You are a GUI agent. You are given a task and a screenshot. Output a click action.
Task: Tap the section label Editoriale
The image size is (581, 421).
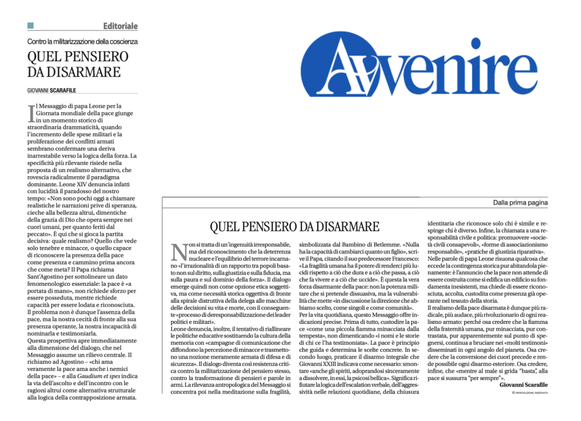point(120,26)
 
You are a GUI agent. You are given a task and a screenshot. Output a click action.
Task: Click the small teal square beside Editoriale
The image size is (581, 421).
point(31,26)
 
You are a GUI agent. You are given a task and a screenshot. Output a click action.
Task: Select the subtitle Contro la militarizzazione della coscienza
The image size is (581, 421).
point(82,41)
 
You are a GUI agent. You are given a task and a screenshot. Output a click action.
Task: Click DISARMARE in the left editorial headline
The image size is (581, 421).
point(74,72)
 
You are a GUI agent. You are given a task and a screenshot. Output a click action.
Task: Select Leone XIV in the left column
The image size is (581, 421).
point(86,184)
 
